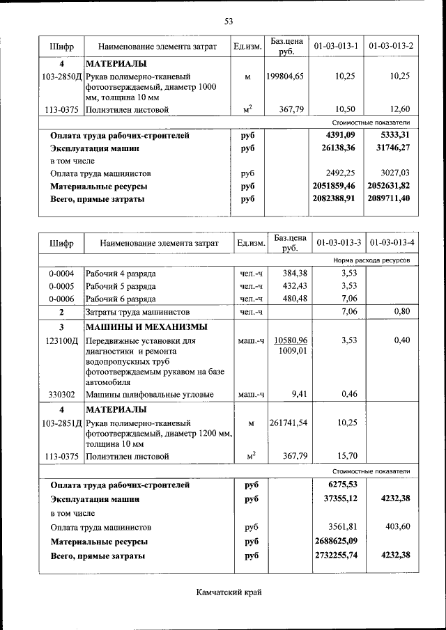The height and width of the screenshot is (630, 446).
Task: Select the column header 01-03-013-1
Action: pyautogui.click(x=336, y=46)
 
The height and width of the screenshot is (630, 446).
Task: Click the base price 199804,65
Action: pyautogui.click(x=285, y=76)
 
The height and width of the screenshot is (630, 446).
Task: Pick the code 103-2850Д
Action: pyautogui.click(x=61, y=76)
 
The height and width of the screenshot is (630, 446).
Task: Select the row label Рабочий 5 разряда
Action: pyautogui.click(x=121, y=286)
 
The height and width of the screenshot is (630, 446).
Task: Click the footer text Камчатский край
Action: pyautogui.click(x=228, y=592)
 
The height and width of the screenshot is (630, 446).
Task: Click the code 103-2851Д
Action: pyautogui.click(x=61, y=423)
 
